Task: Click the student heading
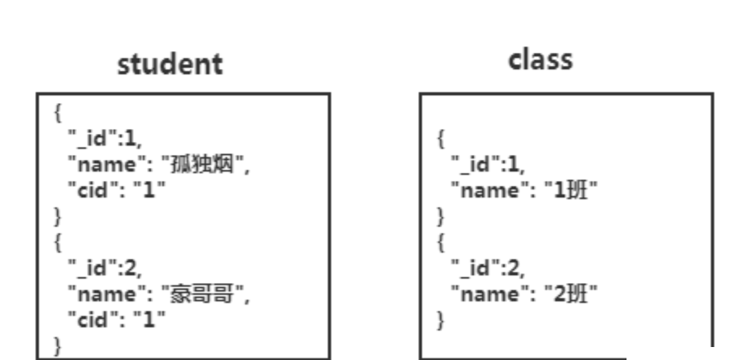170,65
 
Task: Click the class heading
540,59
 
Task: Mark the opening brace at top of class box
441,139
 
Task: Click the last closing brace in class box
441,319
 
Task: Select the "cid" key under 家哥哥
91,319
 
